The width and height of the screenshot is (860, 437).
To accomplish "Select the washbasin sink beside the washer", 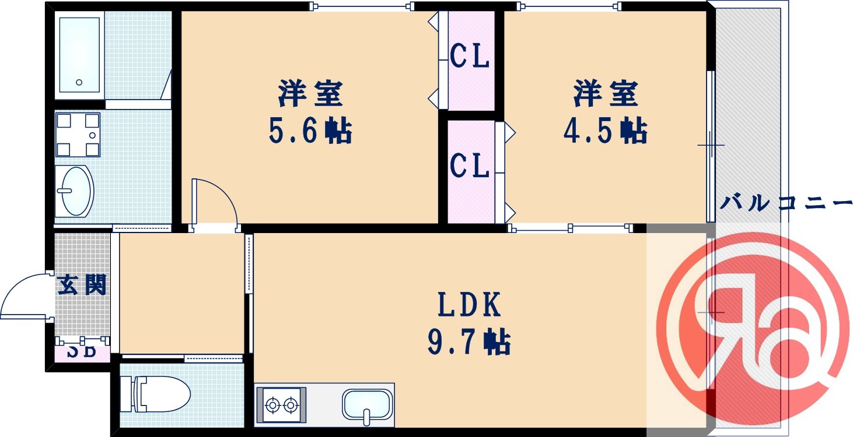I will coord(75,191).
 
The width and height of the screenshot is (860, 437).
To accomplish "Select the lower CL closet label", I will coord(470,167).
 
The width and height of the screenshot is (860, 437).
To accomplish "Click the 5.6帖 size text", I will coord(310,132).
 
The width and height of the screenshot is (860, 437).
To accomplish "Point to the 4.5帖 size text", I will coord(604,131).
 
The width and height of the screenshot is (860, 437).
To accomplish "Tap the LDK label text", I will coord(469,304).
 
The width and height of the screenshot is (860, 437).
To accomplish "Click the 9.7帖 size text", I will coord(469,343).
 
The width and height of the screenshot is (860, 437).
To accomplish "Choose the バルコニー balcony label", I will coord(786,203).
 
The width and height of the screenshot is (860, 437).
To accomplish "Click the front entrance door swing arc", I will coord(23,297).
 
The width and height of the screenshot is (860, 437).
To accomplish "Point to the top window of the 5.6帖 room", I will coord(362,6).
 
